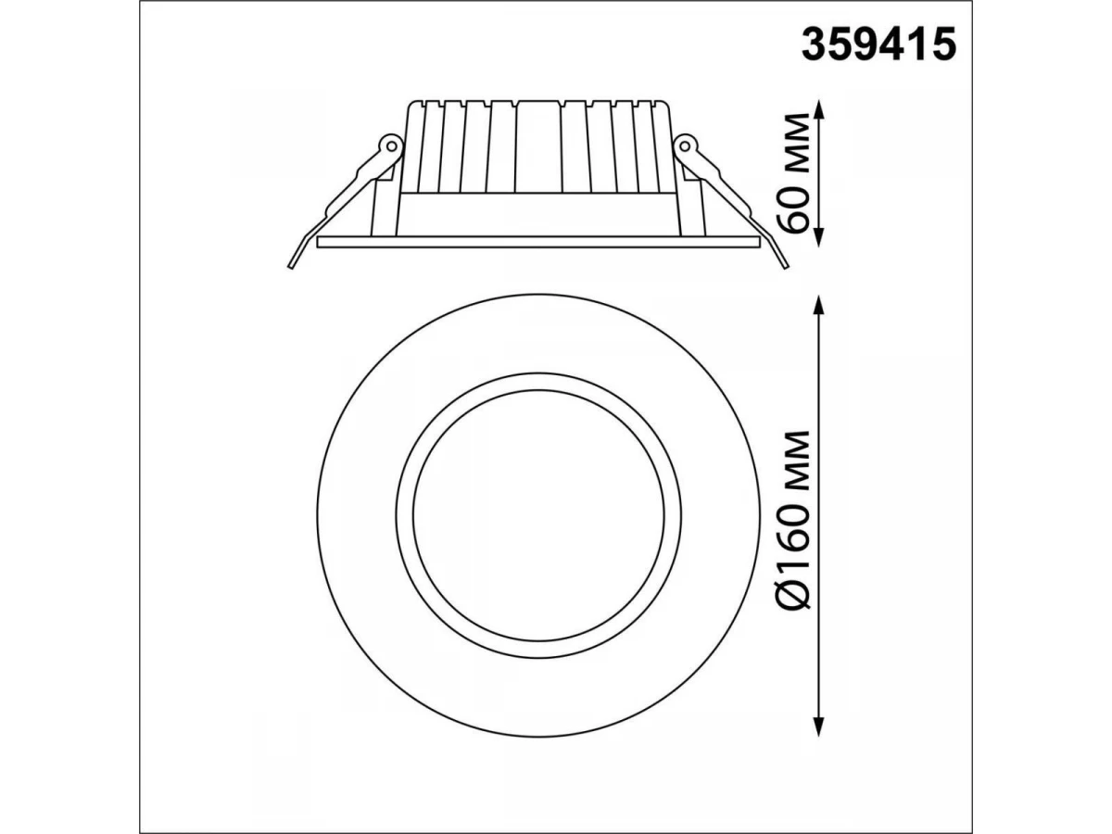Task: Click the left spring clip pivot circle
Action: [x=391, y=146]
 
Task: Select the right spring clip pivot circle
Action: [x=685, y=146]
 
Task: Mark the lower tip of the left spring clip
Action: [x=290, y=267]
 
